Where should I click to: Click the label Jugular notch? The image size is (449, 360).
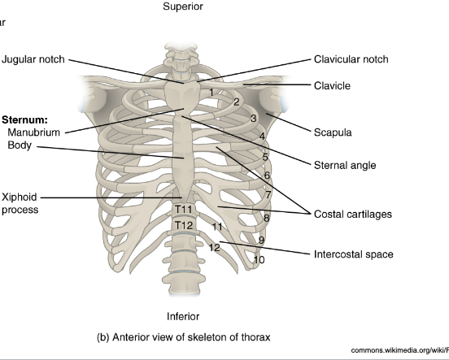[x=33, y=59]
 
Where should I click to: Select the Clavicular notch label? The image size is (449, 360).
[x=351, y=59]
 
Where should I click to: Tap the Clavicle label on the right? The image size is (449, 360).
[x=333, y=85]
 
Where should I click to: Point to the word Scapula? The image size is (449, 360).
[x=333, y=132]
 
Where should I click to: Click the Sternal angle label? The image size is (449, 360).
[x=345, y=165]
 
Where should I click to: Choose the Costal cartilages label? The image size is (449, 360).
[x=353, y=215]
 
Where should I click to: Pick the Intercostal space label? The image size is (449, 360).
[x=353, y=254]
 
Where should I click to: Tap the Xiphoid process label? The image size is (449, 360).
[x=21, y=203]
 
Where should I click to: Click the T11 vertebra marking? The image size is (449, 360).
[x=184, y=210]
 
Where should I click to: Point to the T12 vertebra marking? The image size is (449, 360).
[x=184, y=225]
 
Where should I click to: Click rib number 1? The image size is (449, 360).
[x=210, y=92]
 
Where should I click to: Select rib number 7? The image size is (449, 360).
[x=268, y=195]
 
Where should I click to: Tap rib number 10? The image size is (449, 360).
[x=259, y=260]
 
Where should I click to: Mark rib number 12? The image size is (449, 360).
[x=215, y=247]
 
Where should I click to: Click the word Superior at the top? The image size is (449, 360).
[x=183, y=7]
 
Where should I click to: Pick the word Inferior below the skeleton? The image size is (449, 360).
[x=183, y=316]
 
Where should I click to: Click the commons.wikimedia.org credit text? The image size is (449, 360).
[x=399, y=350]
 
